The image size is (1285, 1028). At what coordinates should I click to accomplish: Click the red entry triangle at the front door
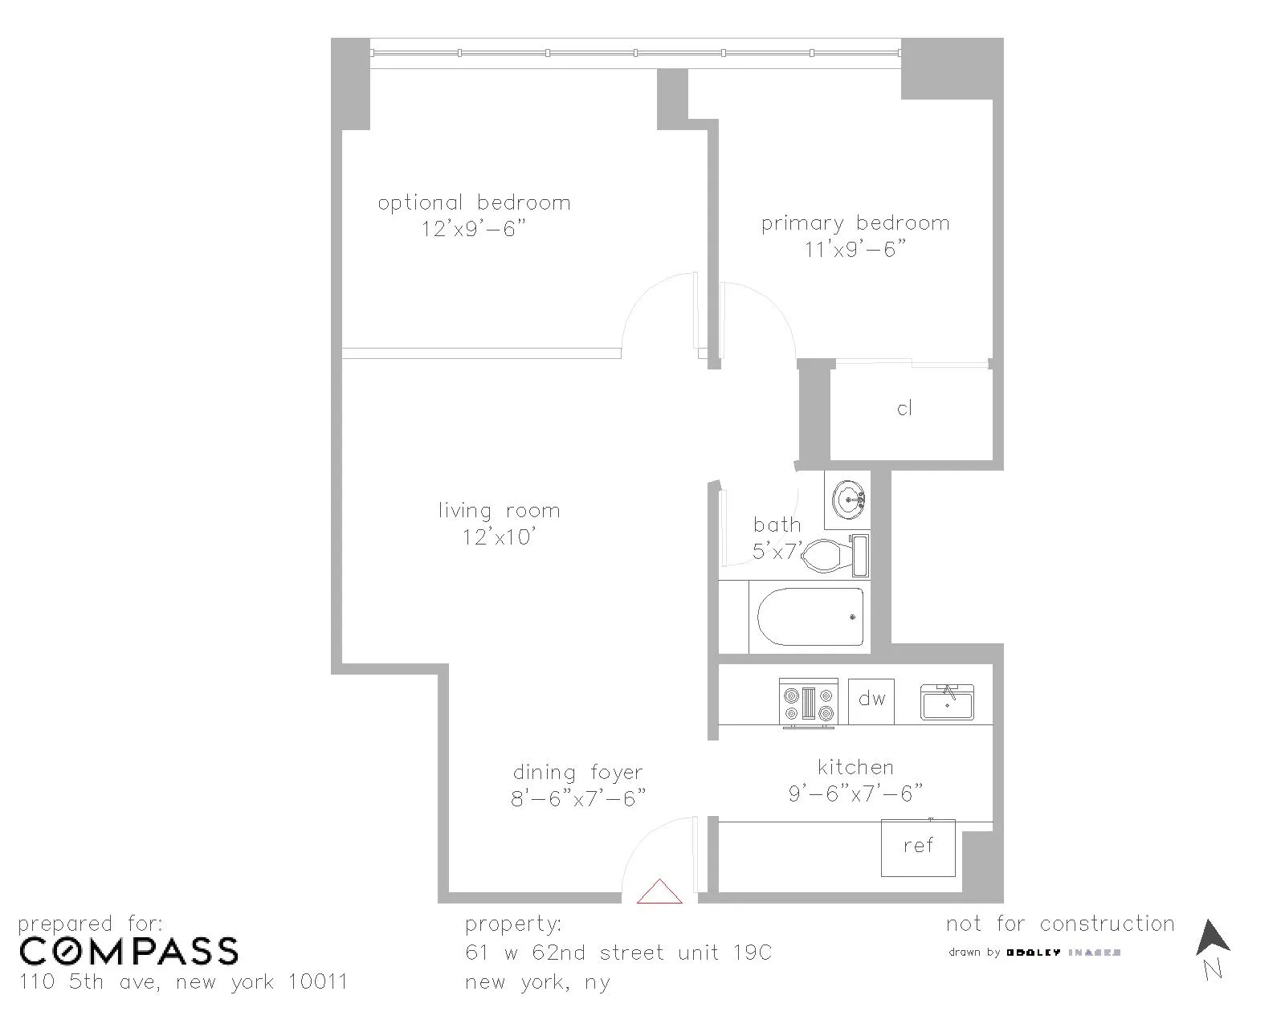[659, 893]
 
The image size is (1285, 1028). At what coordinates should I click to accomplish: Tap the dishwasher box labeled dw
[871, 700]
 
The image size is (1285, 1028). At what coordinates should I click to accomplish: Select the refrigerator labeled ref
[918, 846]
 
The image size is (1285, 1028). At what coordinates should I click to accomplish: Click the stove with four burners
[809, 703]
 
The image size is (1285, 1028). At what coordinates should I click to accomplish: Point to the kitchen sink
[947, 703]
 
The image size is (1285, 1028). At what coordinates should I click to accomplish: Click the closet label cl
[904, 409]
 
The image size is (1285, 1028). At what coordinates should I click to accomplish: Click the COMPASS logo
[128, 952]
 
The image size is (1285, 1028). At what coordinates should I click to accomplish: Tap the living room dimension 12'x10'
[499, 537]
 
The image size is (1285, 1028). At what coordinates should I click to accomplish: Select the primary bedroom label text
[855, 223]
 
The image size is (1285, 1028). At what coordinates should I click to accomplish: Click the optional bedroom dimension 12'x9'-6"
[474, 230]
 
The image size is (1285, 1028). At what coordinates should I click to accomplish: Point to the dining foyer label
[578, 773]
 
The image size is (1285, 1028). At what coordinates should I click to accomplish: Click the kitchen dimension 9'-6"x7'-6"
[855, 794]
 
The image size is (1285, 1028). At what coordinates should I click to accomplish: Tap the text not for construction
[1060, 924]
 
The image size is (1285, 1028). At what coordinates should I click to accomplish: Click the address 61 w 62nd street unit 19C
[618, 953]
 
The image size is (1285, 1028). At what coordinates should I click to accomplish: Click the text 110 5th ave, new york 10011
[183, 982]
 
